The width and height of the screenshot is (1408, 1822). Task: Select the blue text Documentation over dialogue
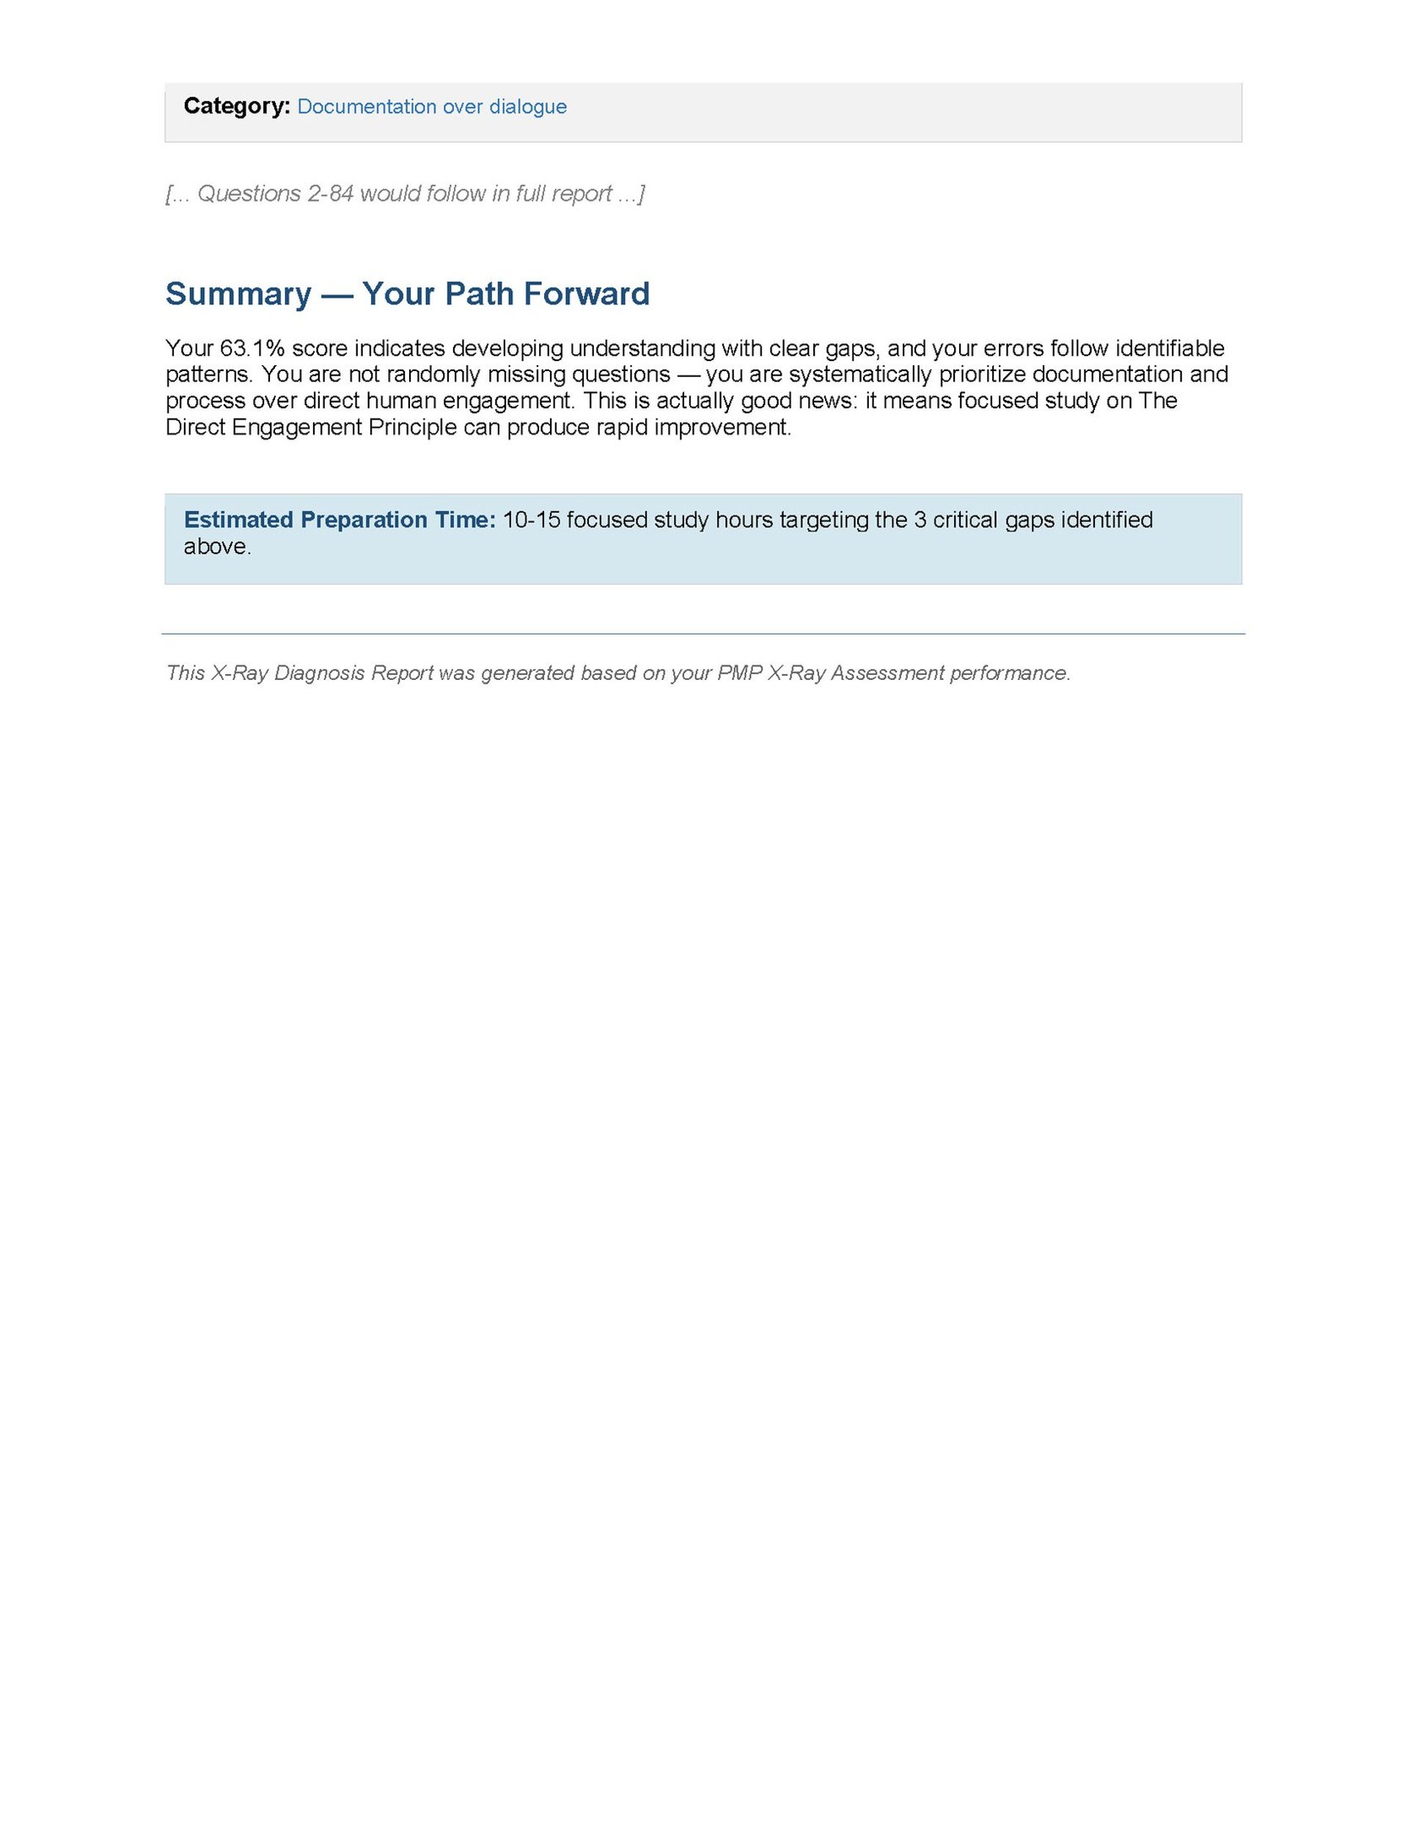[x=431, y=107]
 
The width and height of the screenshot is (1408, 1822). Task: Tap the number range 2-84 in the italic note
[x=330, y=194]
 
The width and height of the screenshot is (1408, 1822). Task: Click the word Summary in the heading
[x=238, y=293]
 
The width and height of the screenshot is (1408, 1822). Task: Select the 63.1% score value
[x=252, y=348]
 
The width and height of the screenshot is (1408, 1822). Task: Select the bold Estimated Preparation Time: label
[x=340, y=520]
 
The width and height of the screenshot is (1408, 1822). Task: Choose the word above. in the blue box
[x=217, y=546]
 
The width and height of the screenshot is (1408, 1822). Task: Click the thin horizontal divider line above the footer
[x=703, y=634]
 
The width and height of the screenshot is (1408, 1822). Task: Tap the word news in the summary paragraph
[x=819, y=400]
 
